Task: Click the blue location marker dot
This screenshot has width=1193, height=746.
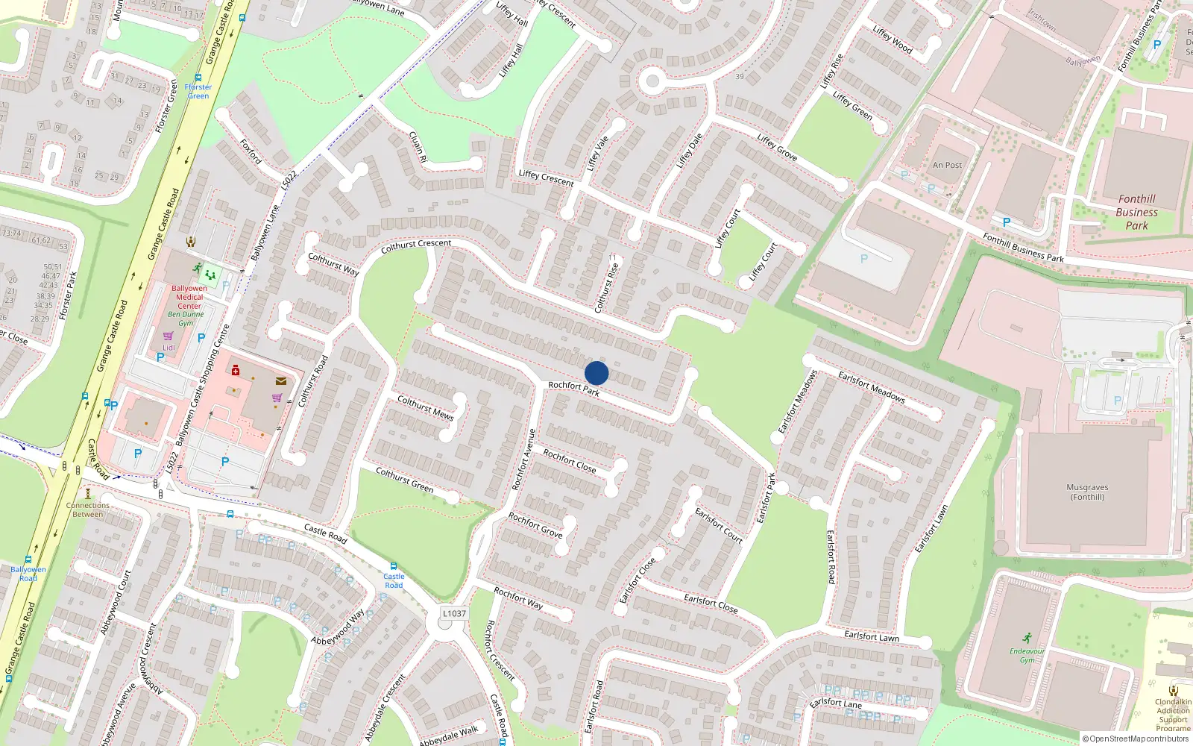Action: pos(596,373)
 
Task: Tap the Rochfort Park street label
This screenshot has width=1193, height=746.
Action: pos(573,389)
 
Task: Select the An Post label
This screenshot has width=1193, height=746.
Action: pos(947,165)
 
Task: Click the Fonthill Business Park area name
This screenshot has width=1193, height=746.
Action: pos(1136,212)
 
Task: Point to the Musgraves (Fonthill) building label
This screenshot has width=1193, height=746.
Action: pos(1087,492)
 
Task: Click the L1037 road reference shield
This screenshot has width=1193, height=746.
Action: pos(454,613)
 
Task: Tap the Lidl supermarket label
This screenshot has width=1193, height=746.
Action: pos(169,348)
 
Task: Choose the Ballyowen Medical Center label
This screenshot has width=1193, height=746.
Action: pos(189,297)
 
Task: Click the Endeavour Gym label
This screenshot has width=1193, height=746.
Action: pos(1027,655)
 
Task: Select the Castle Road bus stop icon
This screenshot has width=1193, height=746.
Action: pos(394,567)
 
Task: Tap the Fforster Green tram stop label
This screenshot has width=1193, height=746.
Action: pos(198,91)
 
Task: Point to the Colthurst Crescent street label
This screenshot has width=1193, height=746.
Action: pos(415,245)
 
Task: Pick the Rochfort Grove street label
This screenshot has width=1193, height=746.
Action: pos(535,524)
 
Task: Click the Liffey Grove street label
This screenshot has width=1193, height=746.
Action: pos(777,147)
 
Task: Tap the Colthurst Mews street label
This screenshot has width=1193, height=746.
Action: pos(425,408)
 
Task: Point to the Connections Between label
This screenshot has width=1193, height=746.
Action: pos(87,510)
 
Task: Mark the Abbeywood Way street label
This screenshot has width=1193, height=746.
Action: pos(338,627)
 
